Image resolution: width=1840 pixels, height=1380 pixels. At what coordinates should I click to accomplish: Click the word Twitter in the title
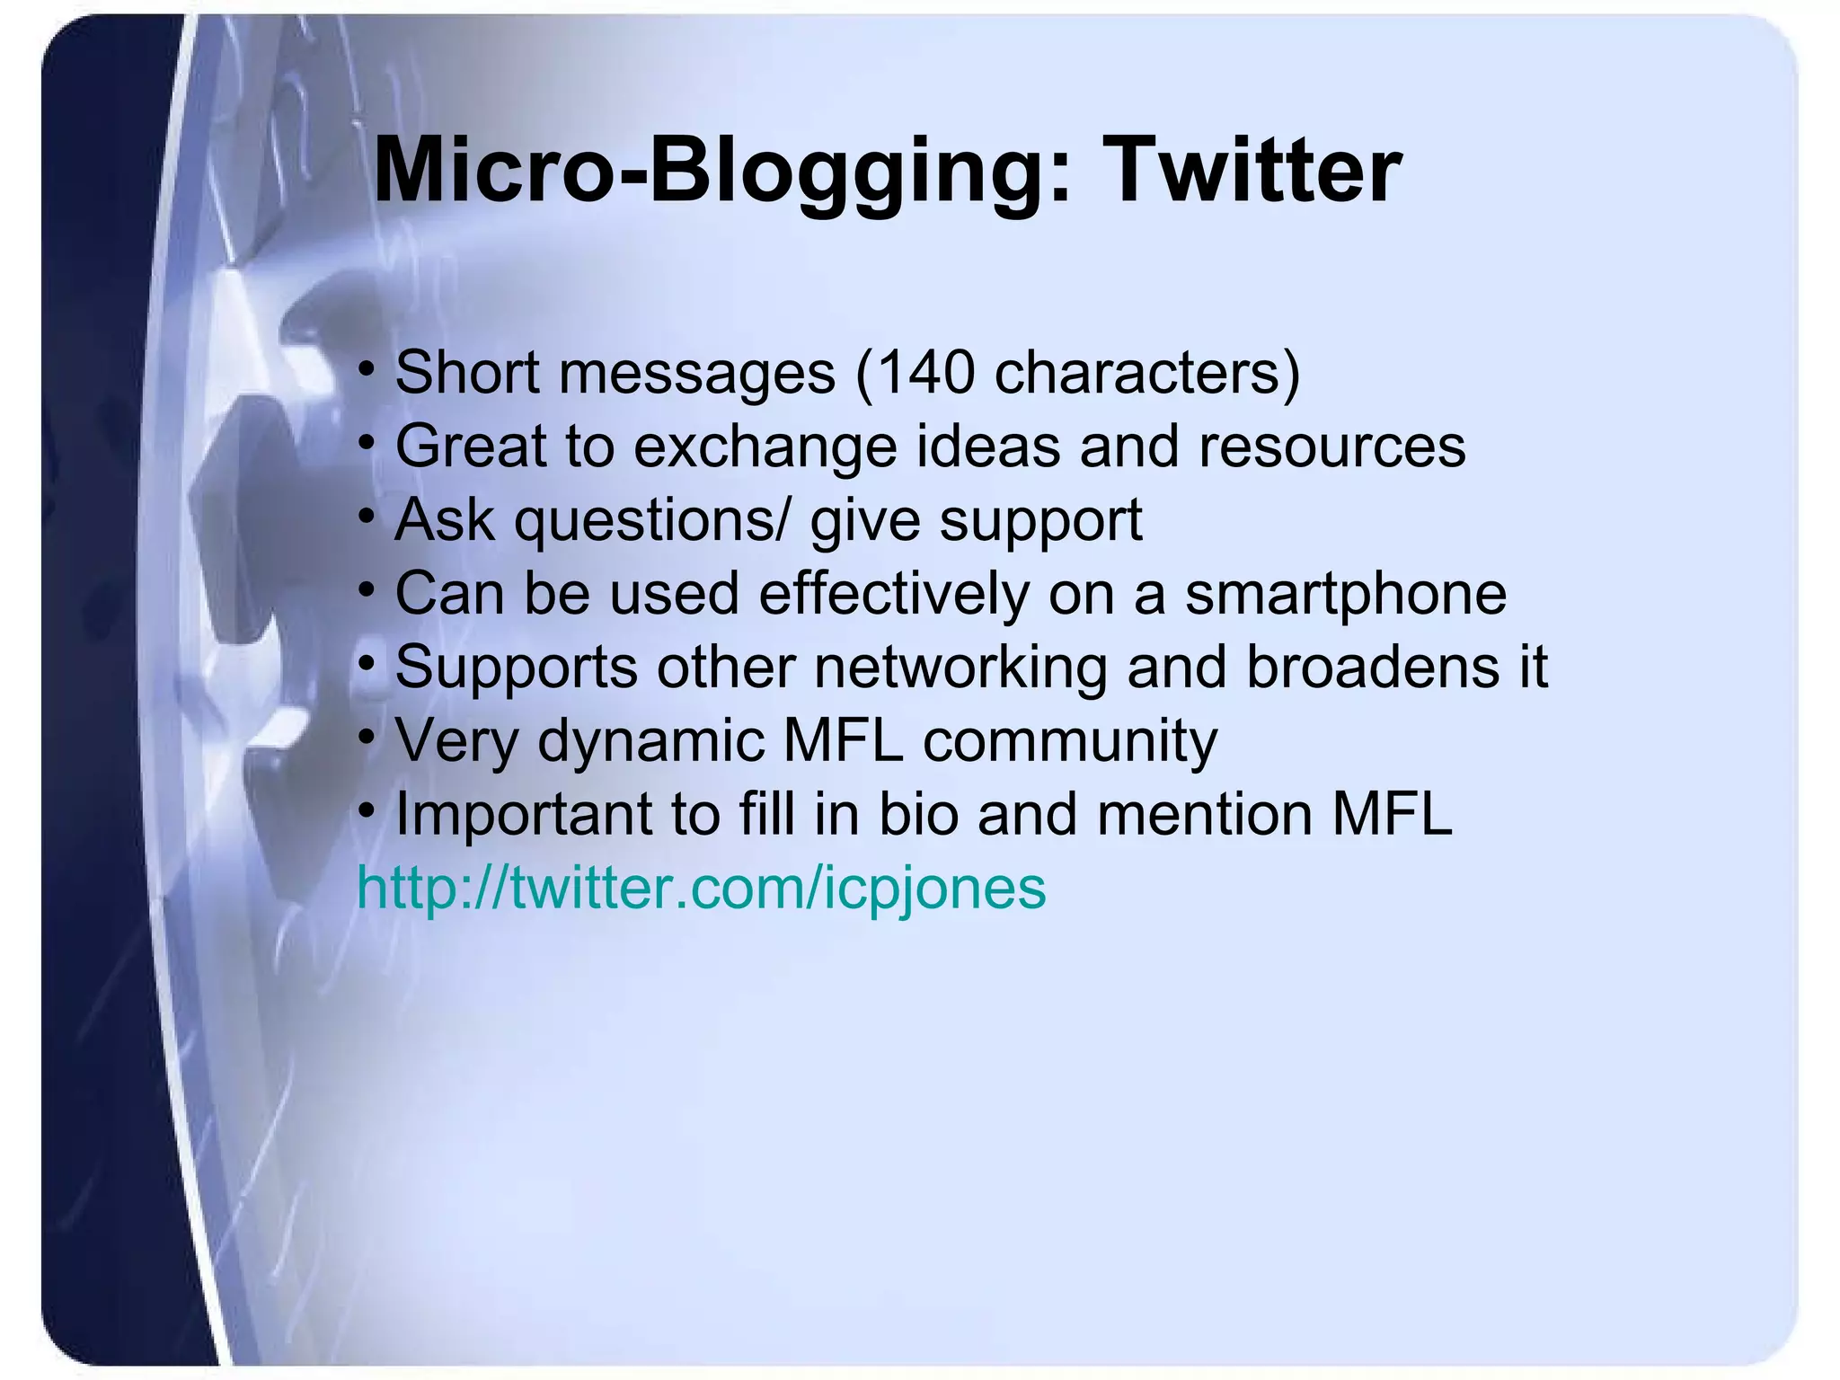(1255, 171)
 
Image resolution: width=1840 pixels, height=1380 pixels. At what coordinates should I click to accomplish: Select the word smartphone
(1345, 594)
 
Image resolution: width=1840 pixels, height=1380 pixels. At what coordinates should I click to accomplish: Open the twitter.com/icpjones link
(702, 889)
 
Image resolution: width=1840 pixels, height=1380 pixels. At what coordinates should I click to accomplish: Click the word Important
(524, 815)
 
